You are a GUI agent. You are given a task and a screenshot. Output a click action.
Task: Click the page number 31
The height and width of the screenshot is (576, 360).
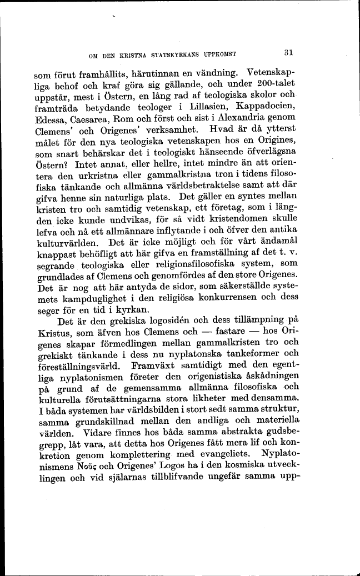[x=288, y=53]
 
